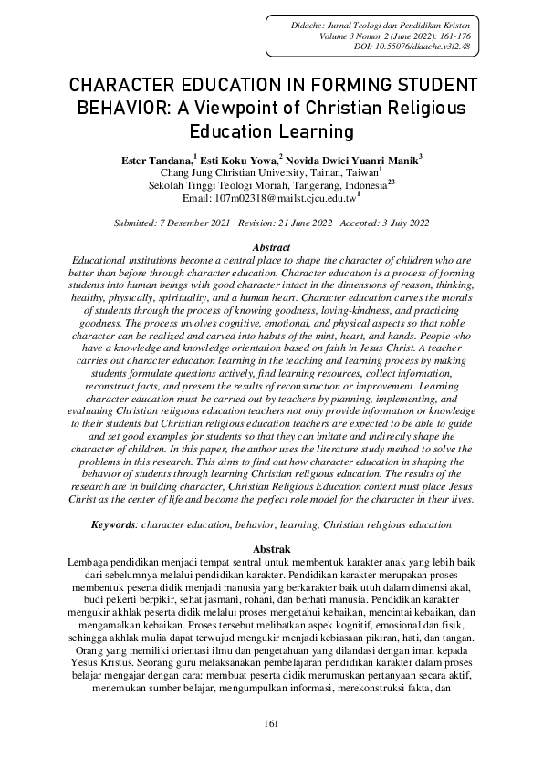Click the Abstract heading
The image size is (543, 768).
click(x=271, y=248)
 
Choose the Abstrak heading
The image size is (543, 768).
click(x=271, y=549)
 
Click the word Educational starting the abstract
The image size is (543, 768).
click(x=103, y=261)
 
